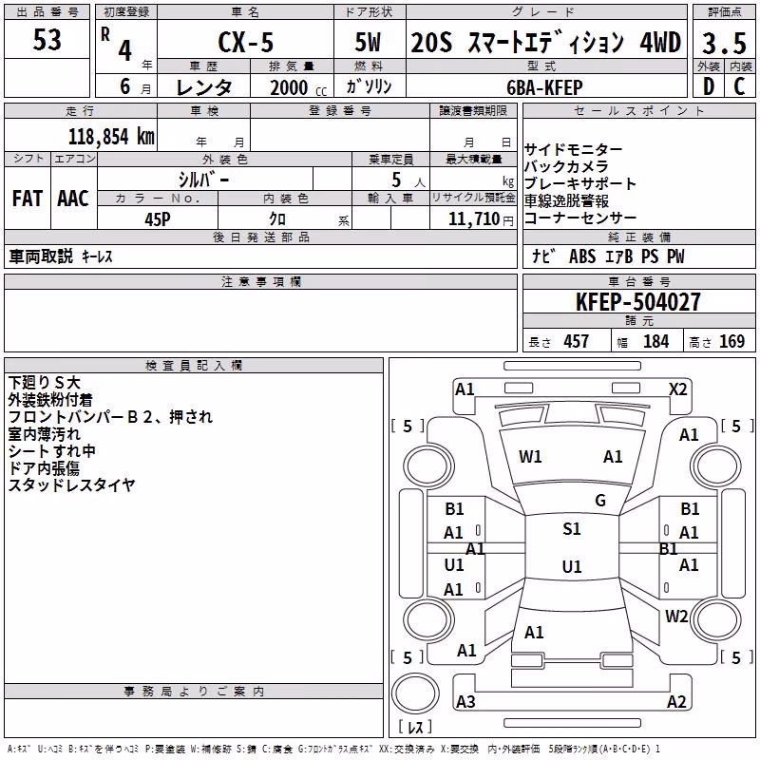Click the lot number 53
point(47,40)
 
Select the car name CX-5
point(246,43)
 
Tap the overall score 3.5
point(724,43)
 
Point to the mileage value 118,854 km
point(111,137)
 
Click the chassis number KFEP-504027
point(638,302)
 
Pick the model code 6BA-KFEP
point(544,87)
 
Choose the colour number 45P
point(158,219)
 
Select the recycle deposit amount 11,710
point(473,219)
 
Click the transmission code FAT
point(28,199)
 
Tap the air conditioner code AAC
point(73,199)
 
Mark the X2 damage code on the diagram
point(677,389)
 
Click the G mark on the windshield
point(600,501)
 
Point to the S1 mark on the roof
point(572,529)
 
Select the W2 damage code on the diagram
point(676,617)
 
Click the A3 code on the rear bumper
point(465,701)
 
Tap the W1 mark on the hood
point(530,457)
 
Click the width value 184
point(655,341)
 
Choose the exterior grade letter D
point(709,86)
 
